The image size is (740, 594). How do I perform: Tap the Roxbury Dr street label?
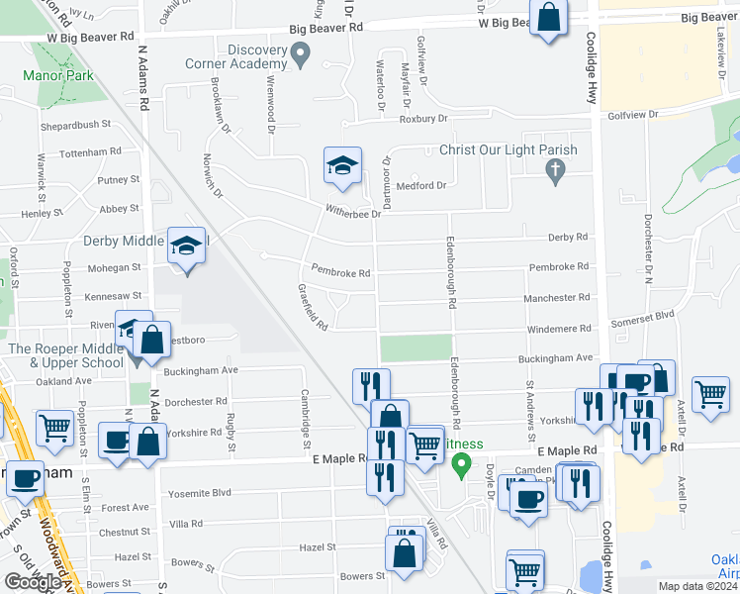click(423, 119)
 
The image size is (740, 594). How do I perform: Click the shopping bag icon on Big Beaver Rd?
click(549, 18)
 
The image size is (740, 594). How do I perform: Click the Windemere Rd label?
click(559, 328)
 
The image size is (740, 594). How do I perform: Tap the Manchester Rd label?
click(559, 297)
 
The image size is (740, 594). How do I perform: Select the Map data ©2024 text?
click(697, 586)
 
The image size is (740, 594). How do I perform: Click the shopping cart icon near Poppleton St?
click(54, 427)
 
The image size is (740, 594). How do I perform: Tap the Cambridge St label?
click(306, 408)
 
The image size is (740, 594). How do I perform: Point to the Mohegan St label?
click(114, 267)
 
